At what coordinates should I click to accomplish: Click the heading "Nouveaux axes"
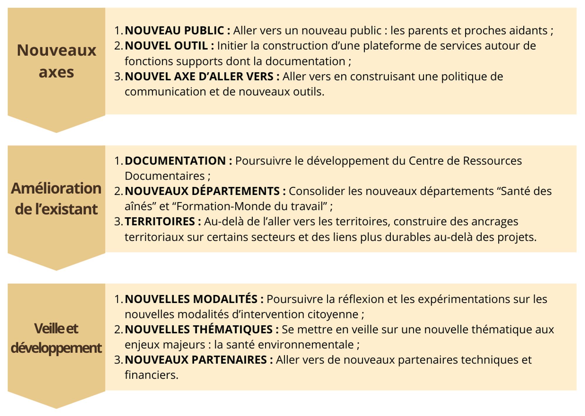pos(56,61)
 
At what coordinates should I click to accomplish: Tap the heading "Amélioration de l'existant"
pos(56,199)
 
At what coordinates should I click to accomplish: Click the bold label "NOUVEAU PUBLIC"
pos(175,30)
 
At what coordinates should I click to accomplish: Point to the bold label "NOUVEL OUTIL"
pos(166,46)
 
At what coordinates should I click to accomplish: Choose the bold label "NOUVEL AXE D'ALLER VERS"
pos(199,76)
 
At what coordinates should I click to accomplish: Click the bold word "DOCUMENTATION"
pos(175,161)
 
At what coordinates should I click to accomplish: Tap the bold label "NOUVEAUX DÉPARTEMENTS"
pos(202,191)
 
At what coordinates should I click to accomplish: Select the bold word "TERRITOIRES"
pos(160,221)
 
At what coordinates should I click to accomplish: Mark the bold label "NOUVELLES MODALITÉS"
pos(191,299)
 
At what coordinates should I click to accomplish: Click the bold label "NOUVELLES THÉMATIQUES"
pos(199,330)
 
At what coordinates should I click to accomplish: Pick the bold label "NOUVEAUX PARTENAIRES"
pos(196,360)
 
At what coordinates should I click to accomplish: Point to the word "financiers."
pos(152,375)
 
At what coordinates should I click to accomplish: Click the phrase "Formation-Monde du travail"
pos(251,206)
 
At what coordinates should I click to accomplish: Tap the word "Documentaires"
pos(165,176)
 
